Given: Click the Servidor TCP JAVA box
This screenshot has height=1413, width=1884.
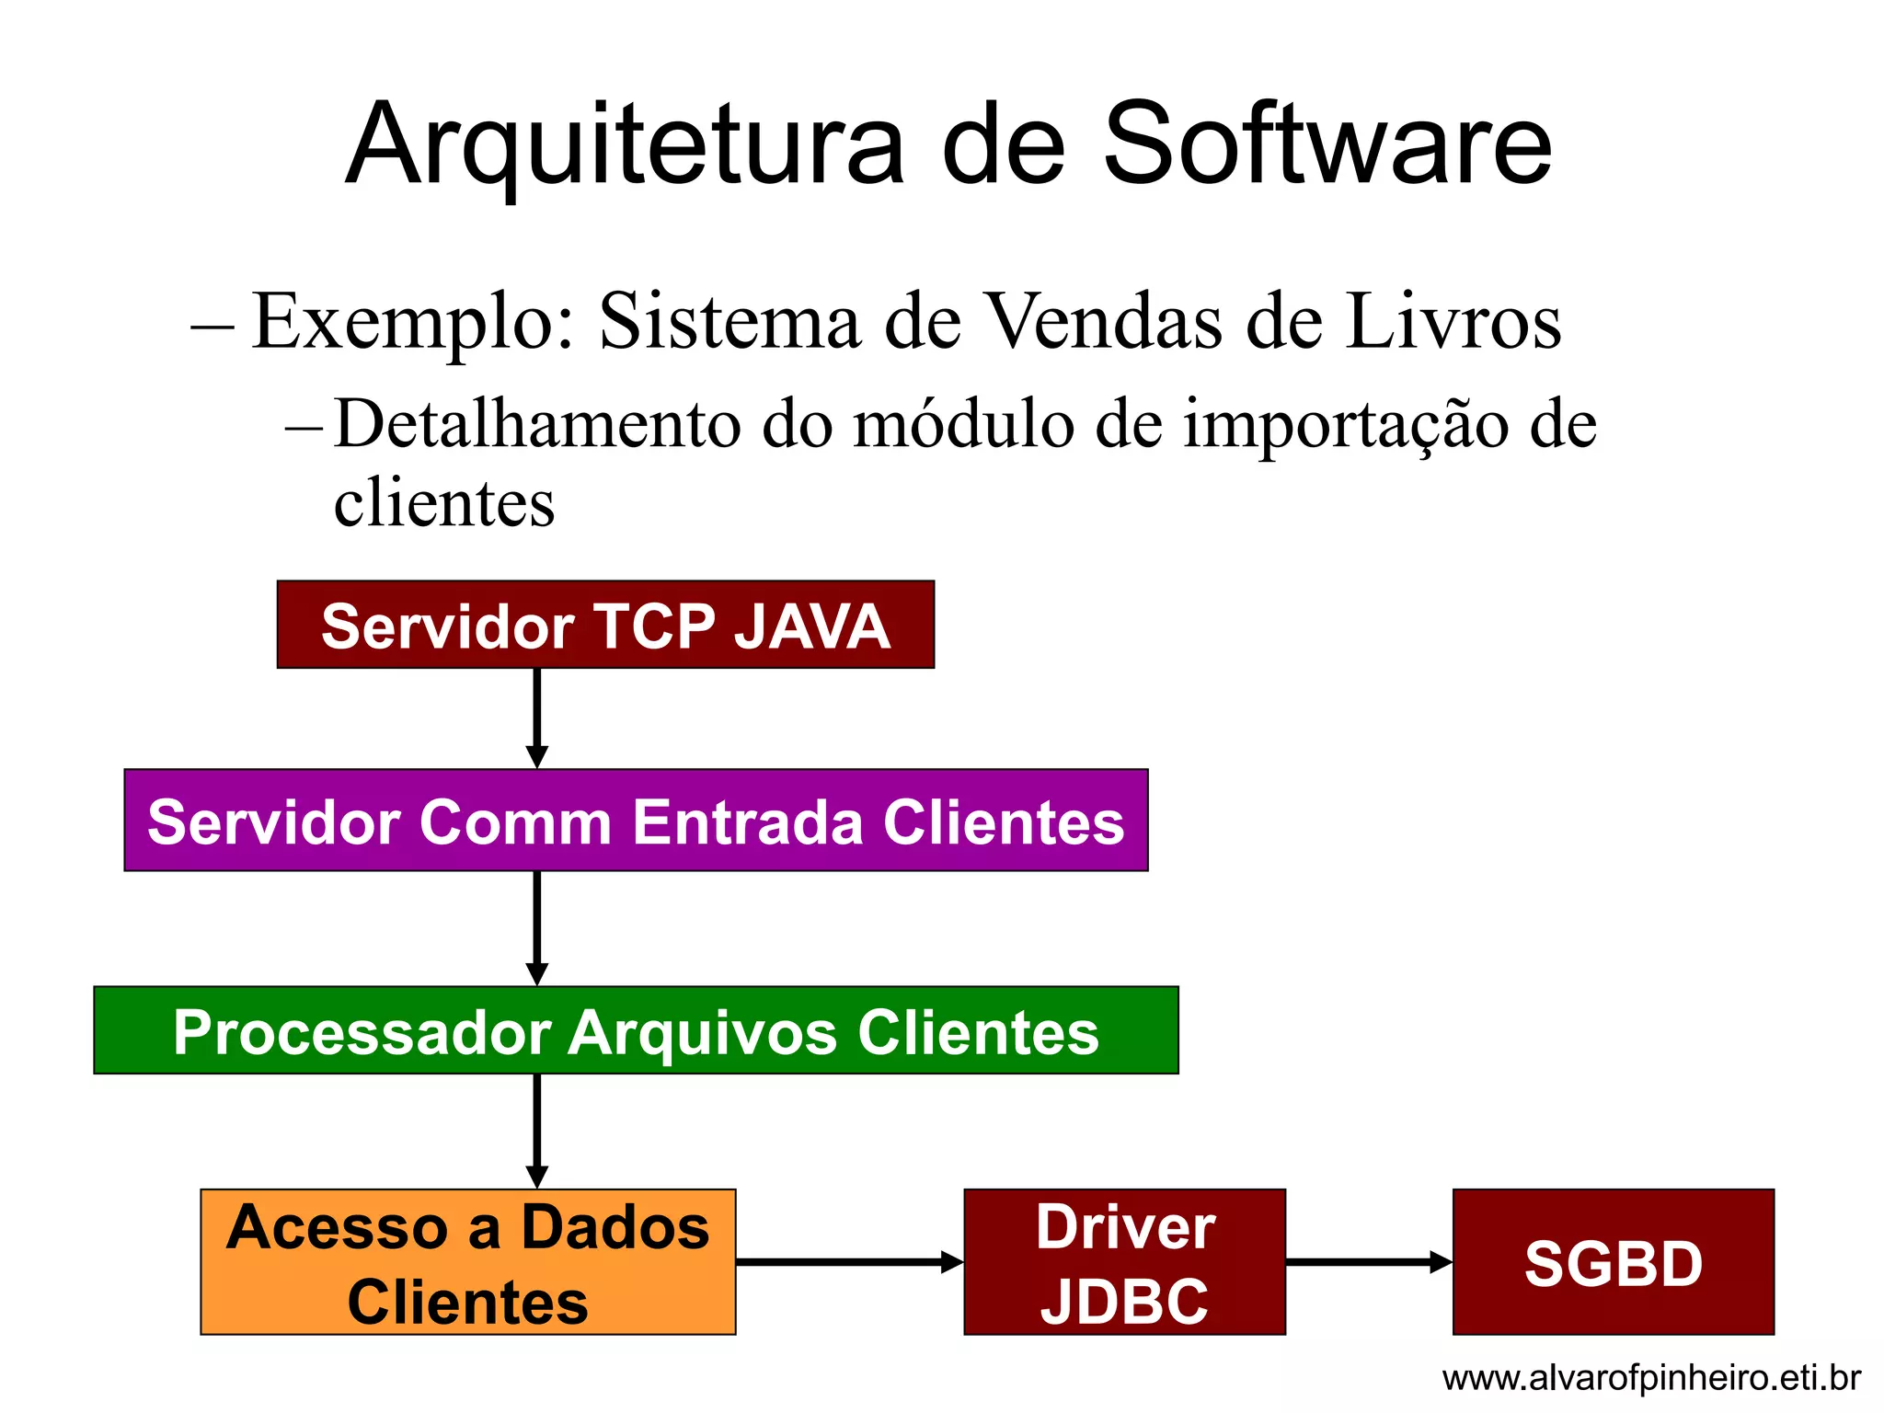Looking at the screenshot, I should (x=605, y=625).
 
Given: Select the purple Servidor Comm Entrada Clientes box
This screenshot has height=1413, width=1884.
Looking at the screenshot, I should (x=636, y=820).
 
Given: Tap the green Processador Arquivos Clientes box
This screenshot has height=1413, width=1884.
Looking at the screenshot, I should (x=636, y=1029).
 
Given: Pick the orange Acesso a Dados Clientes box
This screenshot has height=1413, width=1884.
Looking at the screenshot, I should (x=467, y=1261).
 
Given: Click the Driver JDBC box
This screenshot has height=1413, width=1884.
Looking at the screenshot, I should (x=1124, y=1261).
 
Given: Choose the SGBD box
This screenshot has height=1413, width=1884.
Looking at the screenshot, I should (x=1613, y=1261).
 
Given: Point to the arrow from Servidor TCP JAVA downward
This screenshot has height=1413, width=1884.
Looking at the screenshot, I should (x=537, y=718).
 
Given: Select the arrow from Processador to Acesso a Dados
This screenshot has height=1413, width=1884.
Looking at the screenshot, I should (x=537, y=1131).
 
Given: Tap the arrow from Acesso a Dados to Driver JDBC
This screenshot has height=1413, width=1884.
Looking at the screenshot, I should (x=849, y=1261).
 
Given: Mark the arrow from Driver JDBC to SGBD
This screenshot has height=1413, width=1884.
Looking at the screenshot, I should (x=1368, y=1261).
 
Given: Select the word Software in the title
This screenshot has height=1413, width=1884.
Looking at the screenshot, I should (x=1327, y=145).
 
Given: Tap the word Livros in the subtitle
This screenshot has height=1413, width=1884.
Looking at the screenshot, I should (x=1453, y=321).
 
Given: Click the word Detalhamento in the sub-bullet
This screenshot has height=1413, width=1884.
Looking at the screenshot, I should (x=537, y=424).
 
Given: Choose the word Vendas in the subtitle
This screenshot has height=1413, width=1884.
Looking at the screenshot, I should (x=1104, y=321).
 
